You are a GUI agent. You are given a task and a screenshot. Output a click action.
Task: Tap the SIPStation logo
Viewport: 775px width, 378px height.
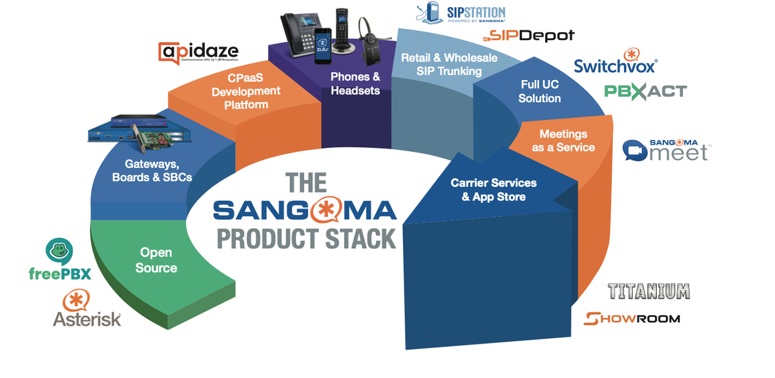(x=459, y=15)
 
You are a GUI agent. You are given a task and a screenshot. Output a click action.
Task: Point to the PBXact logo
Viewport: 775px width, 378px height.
(x=645, y=91)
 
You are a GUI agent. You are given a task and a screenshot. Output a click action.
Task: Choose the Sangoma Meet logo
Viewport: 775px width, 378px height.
(x=665, y=151)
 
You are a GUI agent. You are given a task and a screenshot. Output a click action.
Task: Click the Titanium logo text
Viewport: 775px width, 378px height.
(x=648, y=291)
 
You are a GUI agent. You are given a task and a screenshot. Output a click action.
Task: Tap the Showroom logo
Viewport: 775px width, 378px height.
(x=632, y=318)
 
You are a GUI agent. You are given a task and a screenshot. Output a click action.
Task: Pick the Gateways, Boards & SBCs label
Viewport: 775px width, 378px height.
(x=152, y=171)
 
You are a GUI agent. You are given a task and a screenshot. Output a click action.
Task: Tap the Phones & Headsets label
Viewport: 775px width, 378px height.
(x=355, y=84)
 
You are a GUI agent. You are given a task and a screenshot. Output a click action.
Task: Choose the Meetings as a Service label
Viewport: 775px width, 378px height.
(x=563, y=140)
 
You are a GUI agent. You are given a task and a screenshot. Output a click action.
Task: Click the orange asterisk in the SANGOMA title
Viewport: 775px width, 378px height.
(x=324, y=211)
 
